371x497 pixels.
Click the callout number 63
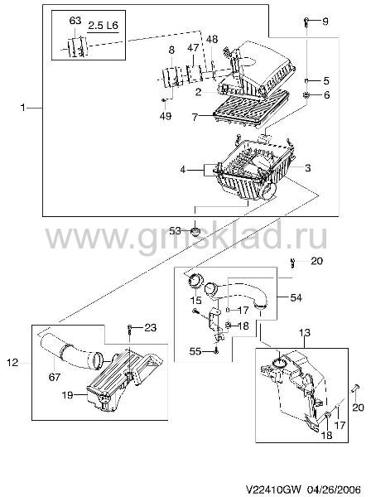tap(75, 21)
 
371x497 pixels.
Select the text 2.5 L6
tap(103, 25)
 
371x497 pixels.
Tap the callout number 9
tap(325, 22)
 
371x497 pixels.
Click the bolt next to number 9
tap(306, 22)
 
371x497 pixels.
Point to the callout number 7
tap(195, 118)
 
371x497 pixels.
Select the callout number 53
tap(175, 231)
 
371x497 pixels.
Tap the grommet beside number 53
tap(195, 231)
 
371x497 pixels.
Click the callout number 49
tap(166, 116)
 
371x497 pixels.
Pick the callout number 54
tap(296, 297)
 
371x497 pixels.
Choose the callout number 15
tap(195, 300)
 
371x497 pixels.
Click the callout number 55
tap(195, 351)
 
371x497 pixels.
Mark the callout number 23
tap(150, 327)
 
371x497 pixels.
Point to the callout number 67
tap(54, 377)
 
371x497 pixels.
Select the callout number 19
tap(67, 395)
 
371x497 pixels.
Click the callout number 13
tap(305, 333)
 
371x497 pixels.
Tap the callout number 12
tap(12, 362)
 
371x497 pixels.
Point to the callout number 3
tap(307, 168)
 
